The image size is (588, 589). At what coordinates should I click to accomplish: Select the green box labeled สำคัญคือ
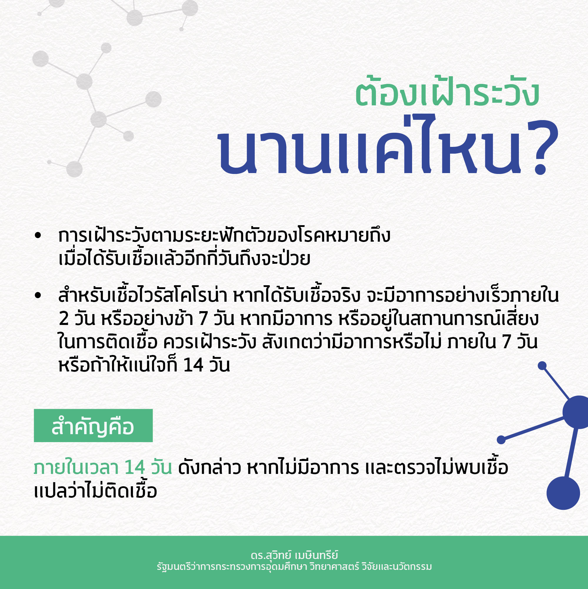tap(93, 426)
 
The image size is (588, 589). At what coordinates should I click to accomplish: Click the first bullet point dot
tap(38, 235)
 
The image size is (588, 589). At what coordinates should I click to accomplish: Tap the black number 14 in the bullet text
tap(194, 365)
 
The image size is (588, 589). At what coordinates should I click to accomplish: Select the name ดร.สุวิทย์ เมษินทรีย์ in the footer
tap(294, 555)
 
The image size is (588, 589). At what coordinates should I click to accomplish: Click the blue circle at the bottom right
tap(563, 493)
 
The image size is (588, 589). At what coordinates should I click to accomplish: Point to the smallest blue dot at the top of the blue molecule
tap(542, 366)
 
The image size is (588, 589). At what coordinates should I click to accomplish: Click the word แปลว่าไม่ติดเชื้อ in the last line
tap(95, 491)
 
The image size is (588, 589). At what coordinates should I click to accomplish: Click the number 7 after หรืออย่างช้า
tap(203, 319)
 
